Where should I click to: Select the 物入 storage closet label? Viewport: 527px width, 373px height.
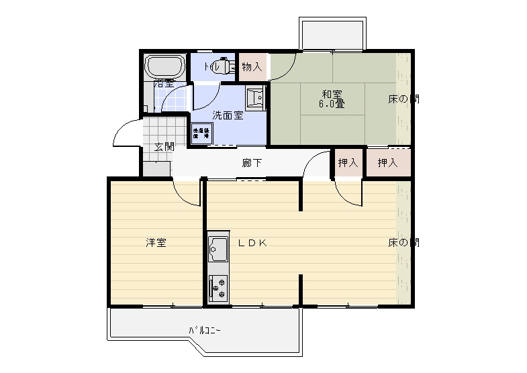(252, 66)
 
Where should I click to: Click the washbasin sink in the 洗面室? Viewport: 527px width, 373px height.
(255, 97)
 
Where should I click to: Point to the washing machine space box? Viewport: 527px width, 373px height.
(201, 133)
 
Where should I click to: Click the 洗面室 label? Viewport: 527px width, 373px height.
(228, 115)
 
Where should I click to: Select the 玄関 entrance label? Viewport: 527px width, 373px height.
(164, 147)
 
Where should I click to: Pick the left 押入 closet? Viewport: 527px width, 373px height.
(348, 162)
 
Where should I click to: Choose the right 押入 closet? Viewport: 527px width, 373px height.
(387, 162)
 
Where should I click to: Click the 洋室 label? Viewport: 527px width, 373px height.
(156, 243)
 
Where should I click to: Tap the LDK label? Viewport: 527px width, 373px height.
(252, 243)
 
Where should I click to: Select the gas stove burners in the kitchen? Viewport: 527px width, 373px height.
(218, 286)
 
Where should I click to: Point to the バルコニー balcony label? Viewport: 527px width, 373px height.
(204, 331)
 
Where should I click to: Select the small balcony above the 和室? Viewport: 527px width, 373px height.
(333, 34)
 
